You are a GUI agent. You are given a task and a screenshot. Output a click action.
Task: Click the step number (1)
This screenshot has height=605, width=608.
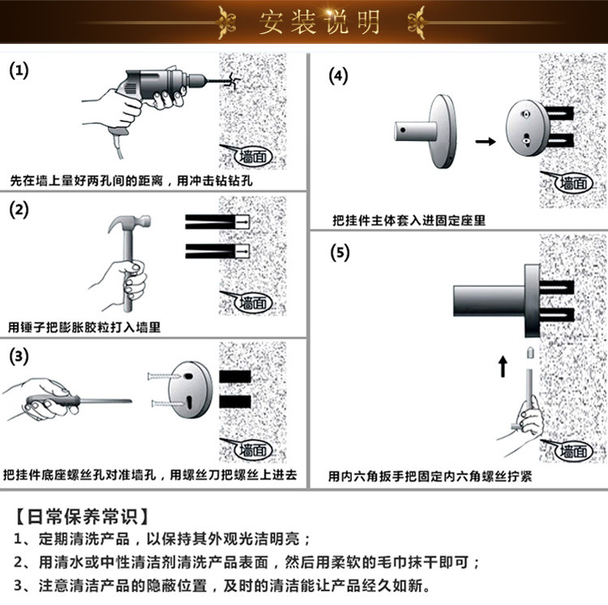coord(18,71)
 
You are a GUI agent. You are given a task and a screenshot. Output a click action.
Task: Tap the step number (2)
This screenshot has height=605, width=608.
coord(18,210)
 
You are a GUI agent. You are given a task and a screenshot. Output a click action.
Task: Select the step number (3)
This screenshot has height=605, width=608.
coord(18,357)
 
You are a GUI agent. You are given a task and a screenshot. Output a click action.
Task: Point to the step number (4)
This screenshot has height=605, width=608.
coord(337,76)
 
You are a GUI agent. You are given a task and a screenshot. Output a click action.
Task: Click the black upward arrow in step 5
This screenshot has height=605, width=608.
coord(502,367)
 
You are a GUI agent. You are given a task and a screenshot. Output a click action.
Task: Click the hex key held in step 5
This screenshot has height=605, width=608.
coord(527,389)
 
